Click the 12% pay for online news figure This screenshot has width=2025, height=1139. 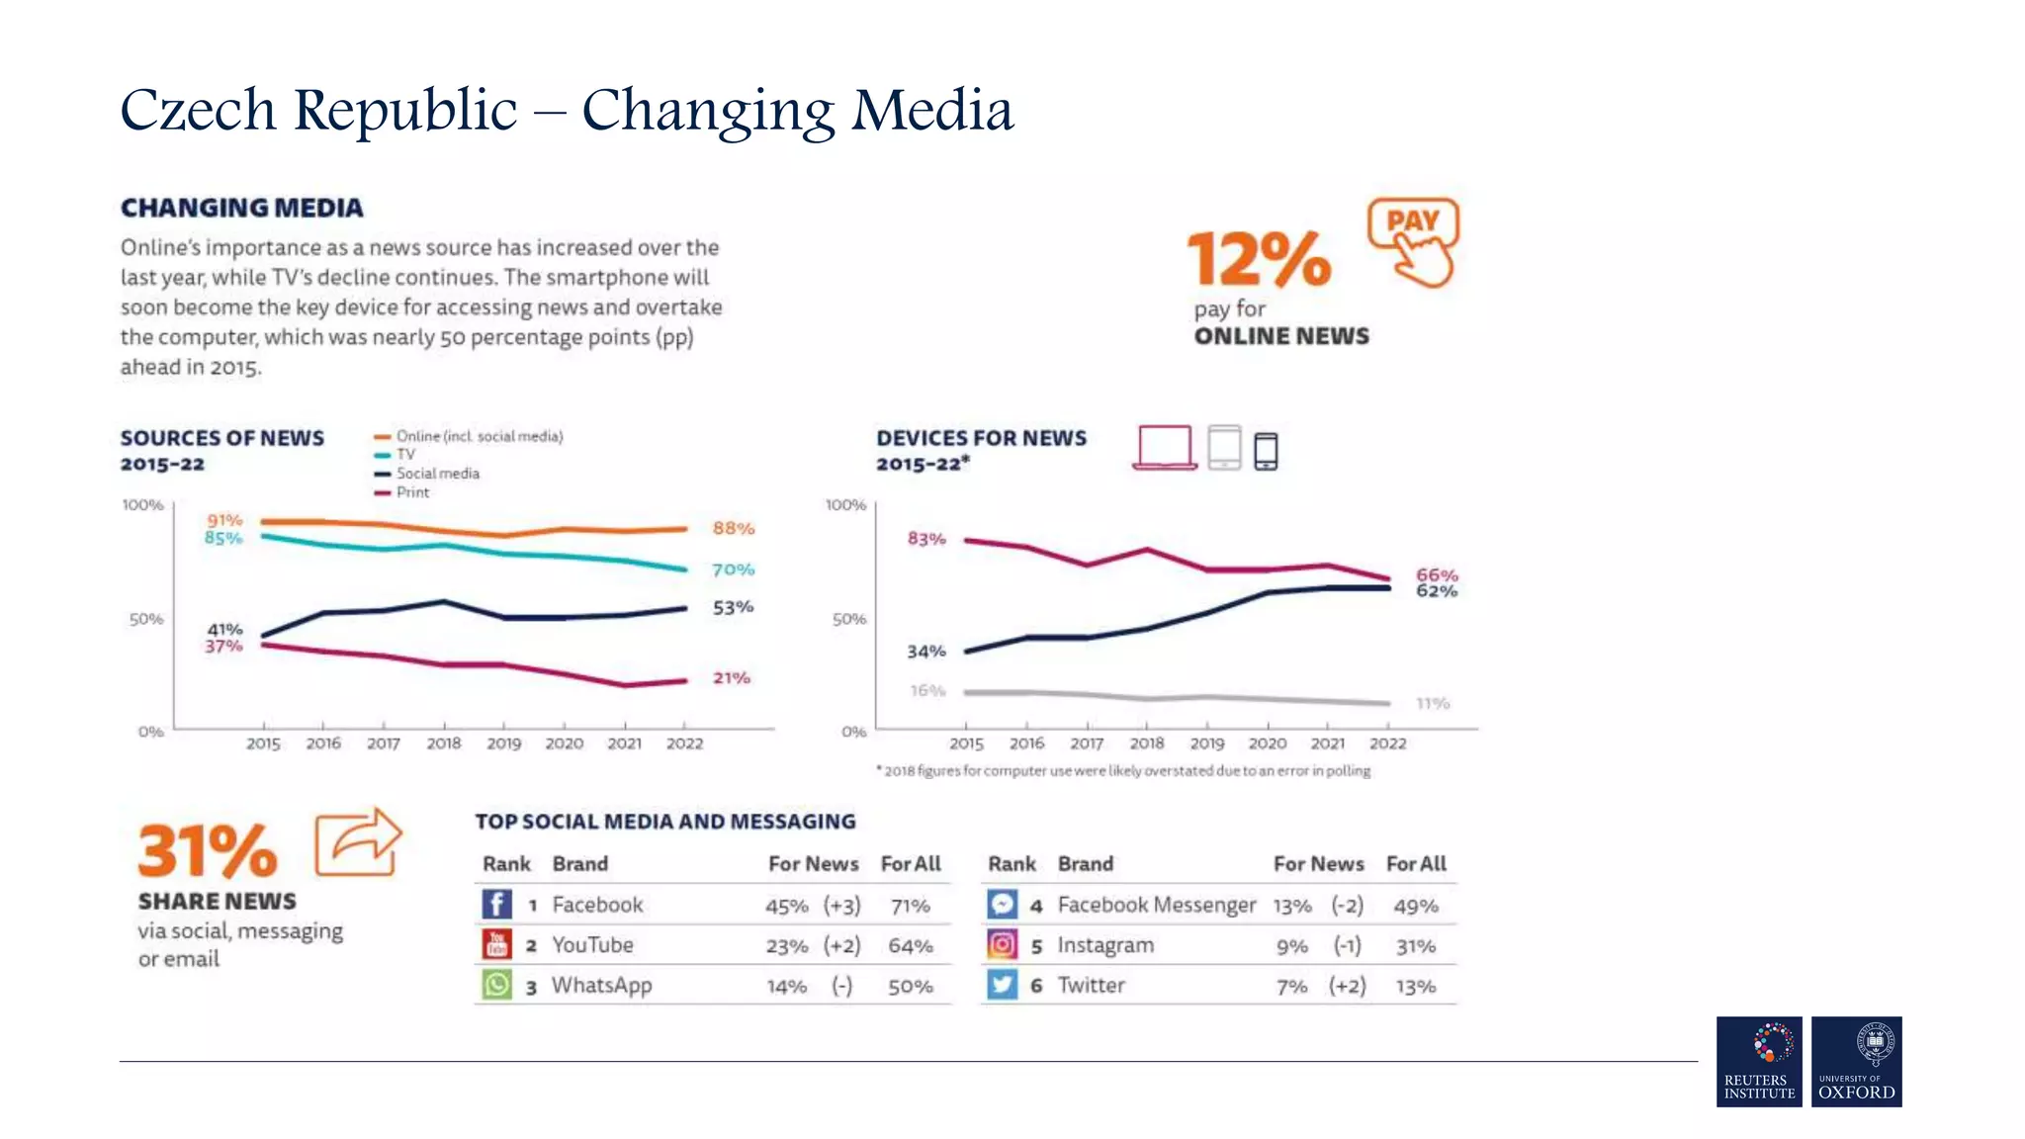1259,259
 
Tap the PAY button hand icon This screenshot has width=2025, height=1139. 1414,243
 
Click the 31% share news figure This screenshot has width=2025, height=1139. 208,851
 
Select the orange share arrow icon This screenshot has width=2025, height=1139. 358,842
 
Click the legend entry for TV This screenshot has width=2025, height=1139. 405,455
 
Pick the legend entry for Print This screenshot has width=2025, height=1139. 412,492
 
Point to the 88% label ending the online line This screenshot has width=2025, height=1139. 734,529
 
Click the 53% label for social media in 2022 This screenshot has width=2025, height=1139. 733,607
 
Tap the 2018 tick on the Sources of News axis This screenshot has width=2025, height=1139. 444,744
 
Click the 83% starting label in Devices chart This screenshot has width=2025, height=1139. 926,539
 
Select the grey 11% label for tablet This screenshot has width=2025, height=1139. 1433,704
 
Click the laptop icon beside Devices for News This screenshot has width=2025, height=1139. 1165,448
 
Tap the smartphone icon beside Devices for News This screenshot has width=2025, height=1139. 1266,451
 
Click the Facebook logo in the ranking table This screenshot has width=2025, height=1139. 496,905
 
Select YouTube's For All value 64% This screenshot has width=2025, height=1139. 910,946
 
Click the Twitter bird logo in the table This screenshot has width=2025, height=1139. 1002,985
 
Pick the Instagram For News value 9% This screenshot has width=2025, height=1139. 1291,947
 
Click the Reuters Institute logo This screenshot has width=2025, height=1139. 1759,1061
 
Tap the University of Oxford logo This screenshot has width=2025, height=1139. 1856,1061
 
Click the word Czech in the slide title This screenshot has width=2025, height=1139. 198,110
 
